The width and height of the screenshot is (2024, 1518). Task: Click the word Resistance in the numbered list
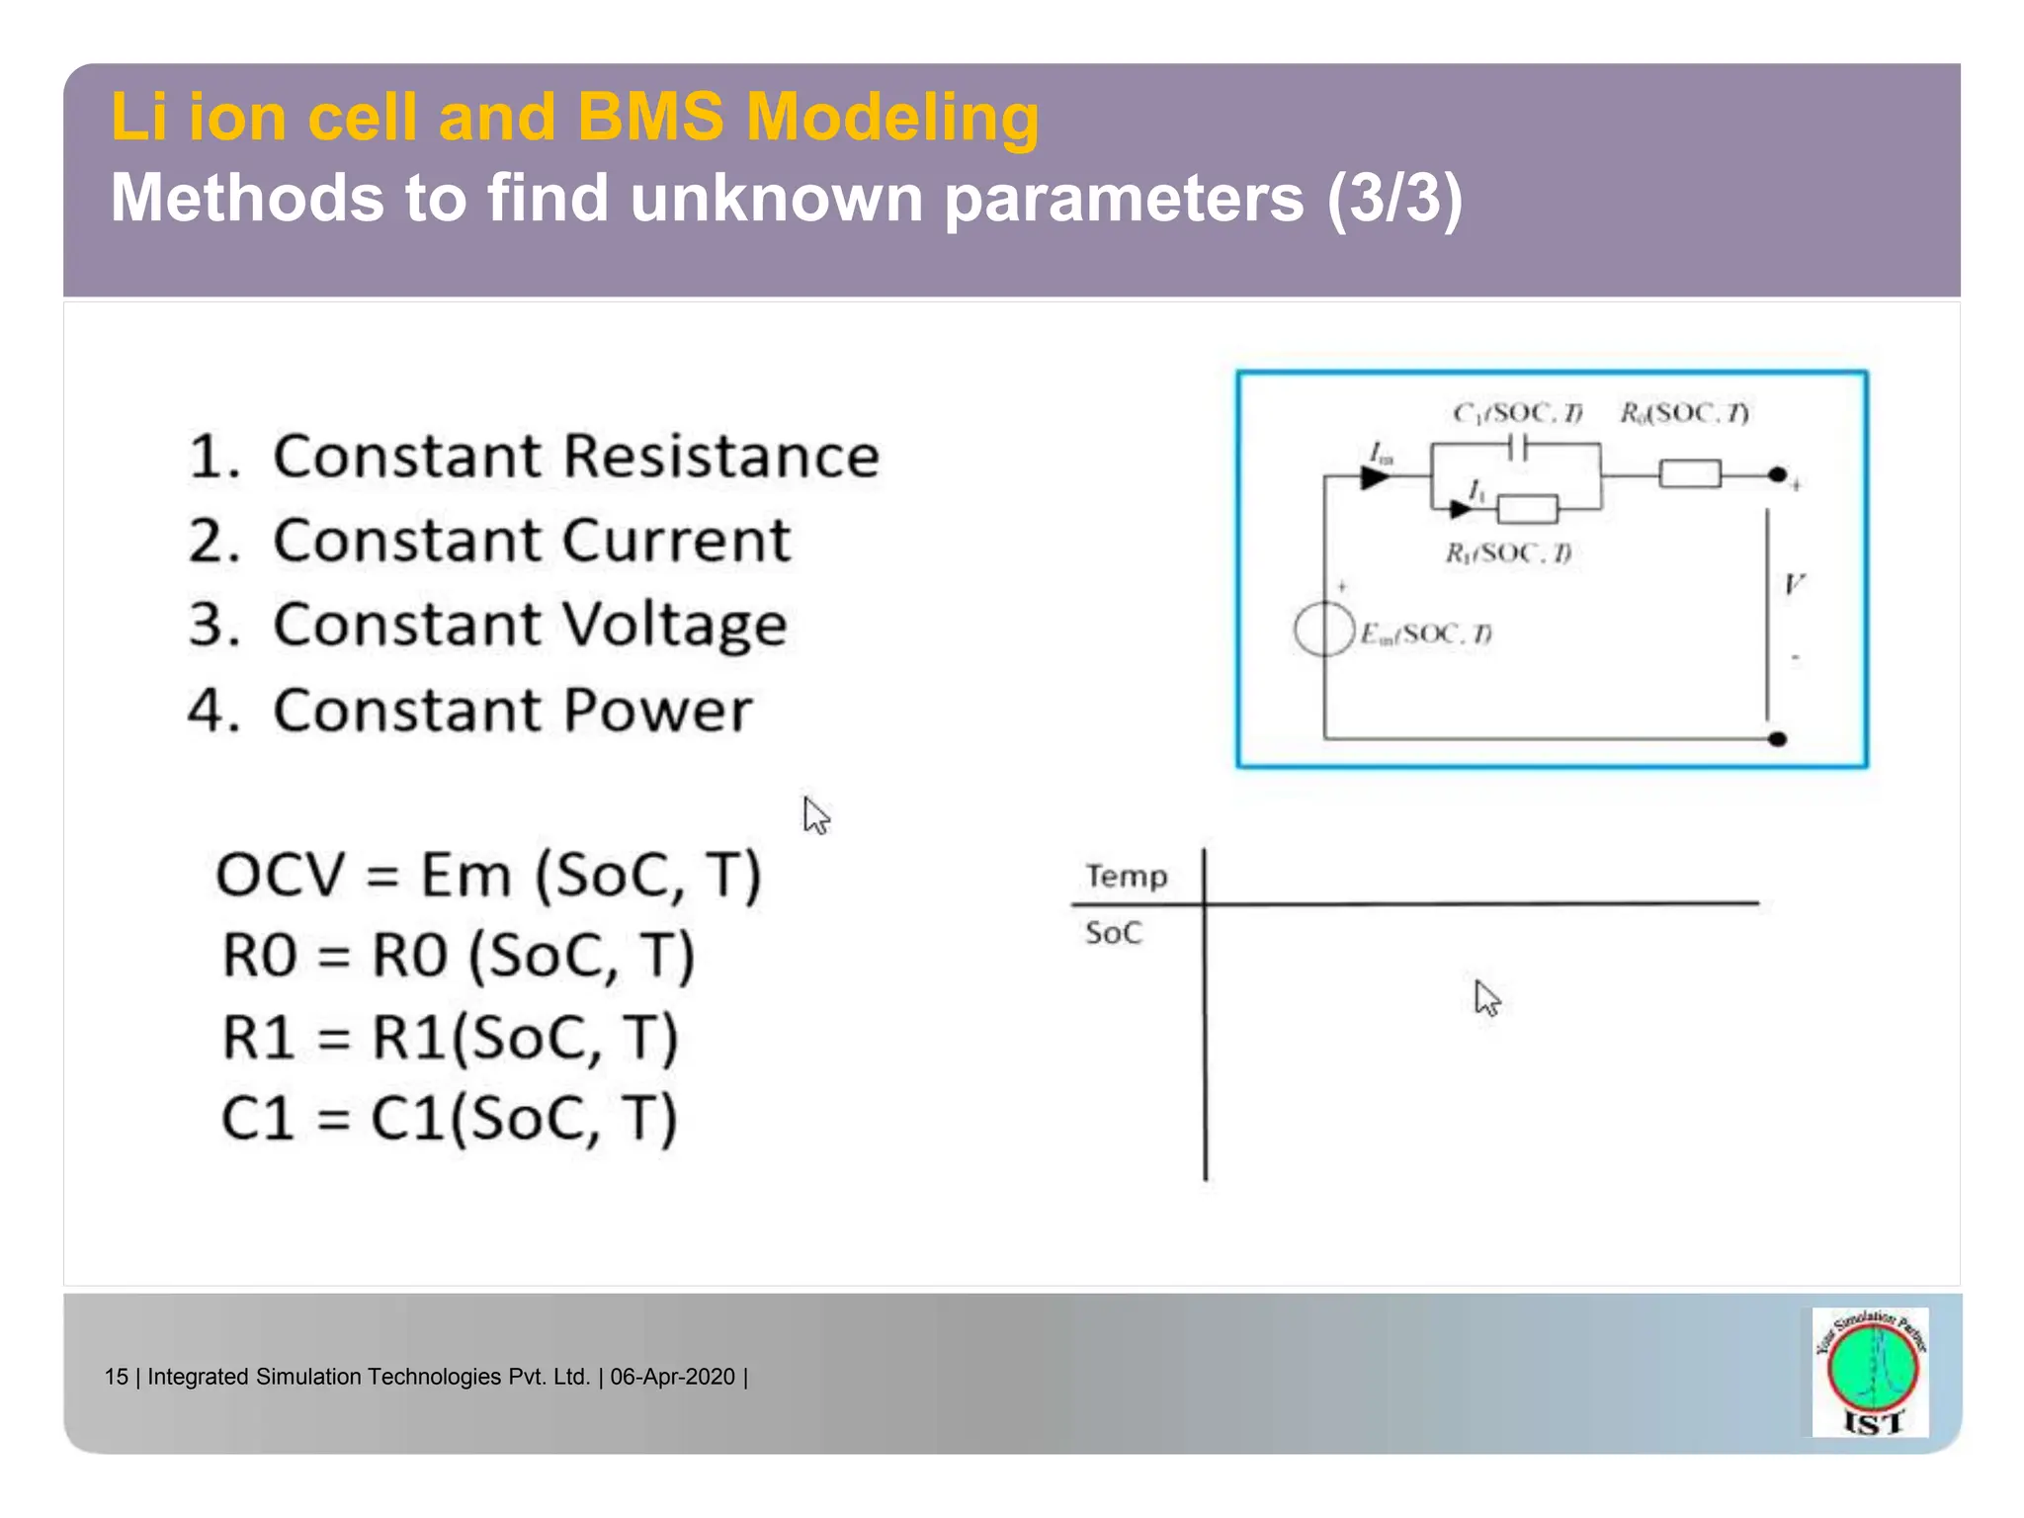[720, 457]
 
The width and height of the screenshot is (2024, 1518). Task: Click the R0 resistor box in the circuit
[1689, 475]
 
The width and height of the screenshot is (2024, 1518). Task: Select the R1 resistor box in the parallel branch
[1527, 509]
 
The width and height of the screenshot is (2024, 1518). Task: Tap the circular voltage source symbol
[1323, 630]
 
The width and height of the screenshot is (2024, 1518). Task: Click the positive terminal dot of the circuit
[1777, 475]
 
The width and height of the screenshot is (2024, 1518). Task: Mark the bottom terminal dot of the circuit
[1777, 738]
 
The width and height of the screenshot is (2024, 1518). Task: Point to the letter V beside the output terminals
[1794, 584]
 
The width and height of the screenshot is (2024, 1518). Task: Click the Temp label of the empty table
[1127, 877]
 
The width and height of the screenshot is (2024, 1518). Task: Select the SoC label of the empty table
[1113, 933]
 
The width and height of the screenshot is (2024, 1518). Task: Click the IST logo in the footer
[1871, 1372]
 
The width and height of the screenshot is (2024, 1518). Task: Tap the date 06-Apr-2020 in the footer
[672, 1377]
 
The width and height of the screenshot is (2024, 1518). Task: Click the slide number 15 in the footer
[116, 1377]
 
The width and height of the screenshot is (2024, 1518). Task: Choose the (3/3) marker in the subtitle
[1393, 198]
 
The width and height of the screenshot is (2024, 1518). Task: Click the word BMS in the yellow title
[650, 117]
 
